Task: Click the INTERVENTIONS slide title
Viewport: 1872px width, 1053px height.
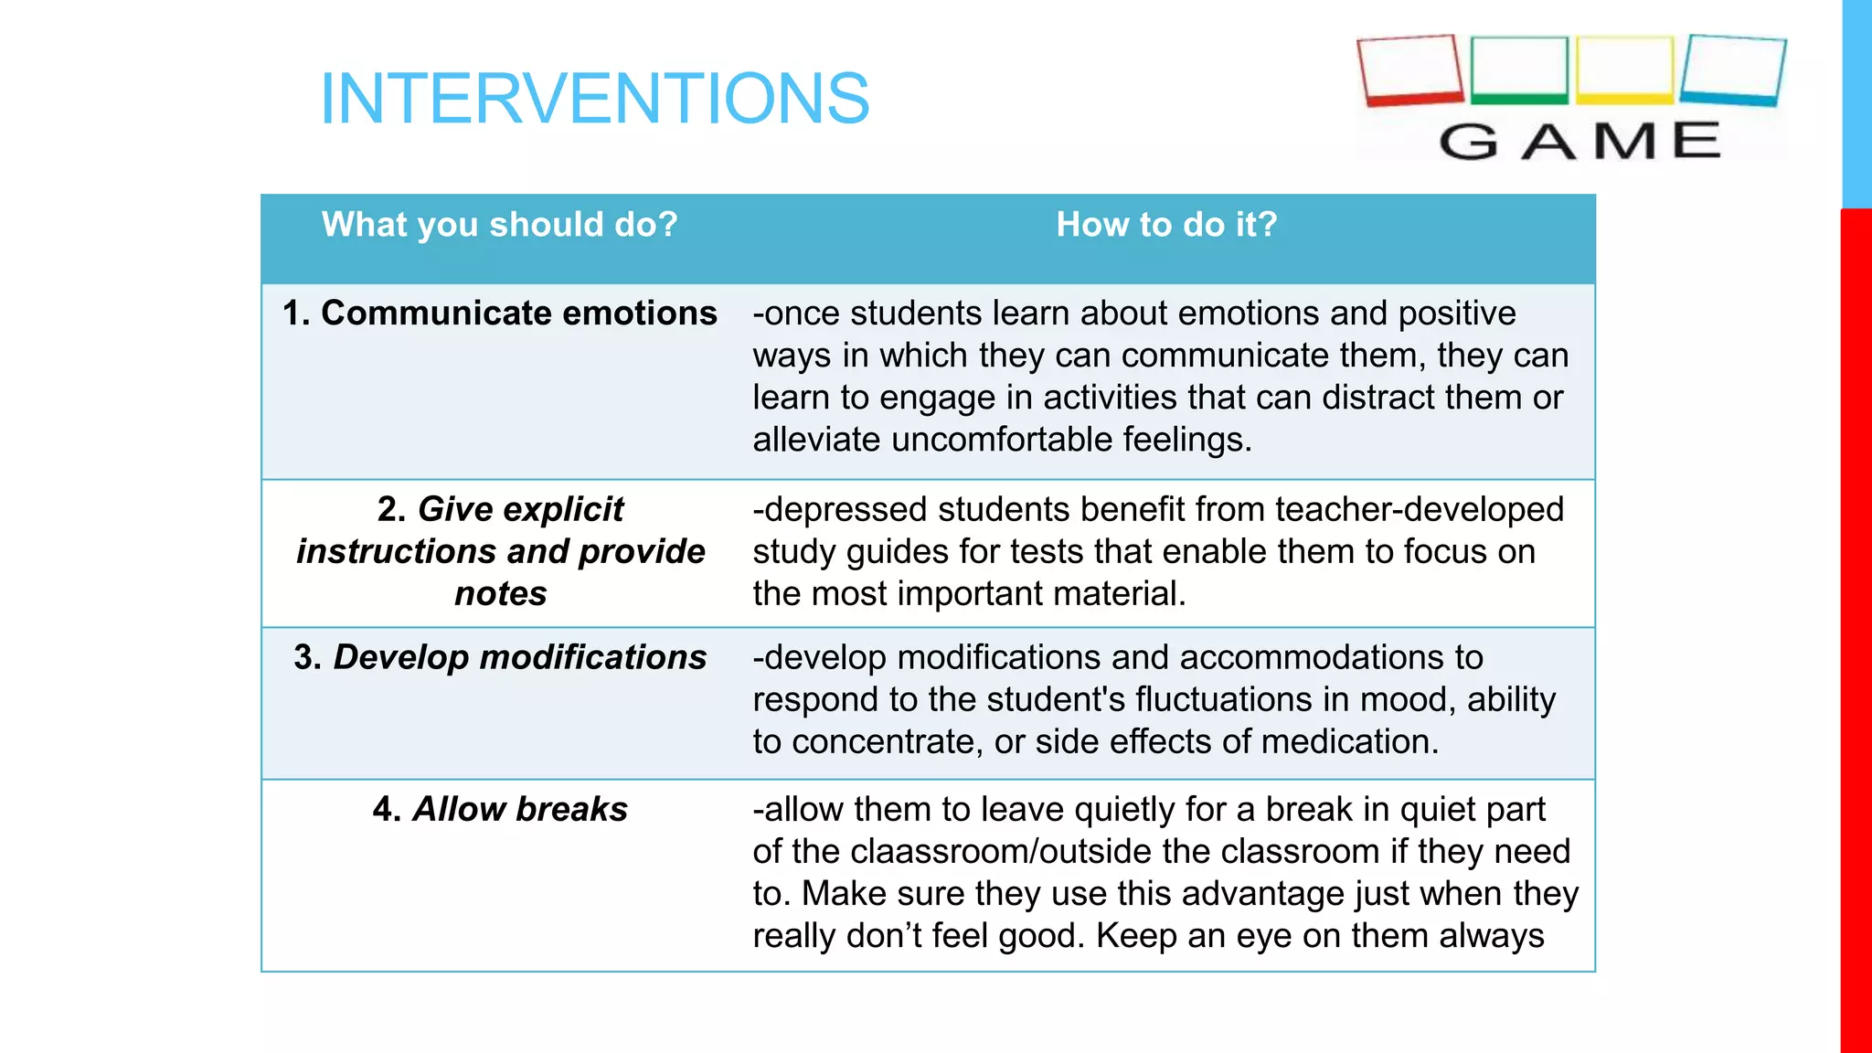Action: [x=594, y=99]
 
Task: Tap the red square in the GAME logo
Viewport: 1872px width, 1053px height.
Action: [x=1409, y=70]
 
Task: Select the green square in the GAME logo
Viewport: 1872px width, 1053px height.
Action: [x=1519, y=69]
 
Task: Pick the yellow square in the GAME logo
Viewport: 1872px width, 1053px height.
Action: [x=1625, y=69]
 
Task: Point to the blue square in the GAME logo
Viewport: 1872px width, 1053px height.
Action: [x=1733, y=70]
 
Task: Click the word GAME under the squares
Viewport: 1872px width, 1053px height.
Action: [x=1579, y=142]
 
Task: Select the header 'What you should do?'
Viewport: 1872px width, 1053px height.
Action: [x=499, y=225]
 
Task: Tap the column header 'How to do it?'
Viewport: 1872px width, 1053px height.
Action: [x=1166, y=225]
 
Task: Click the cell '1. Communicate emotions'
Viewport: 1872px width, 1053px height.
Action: [x=499, y=314]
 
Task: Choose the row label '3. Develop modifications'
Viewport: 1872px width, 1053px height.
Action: [x=499, y=658]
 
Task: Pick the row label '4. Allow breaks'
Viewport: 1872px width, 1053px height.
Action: [x=499, y=810]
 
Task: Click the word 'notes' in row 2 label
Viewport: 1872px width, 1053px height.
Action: [x=500, y=594]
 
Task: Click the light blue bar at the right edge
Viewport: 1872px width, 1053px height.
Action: [x=1856, y=102]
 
